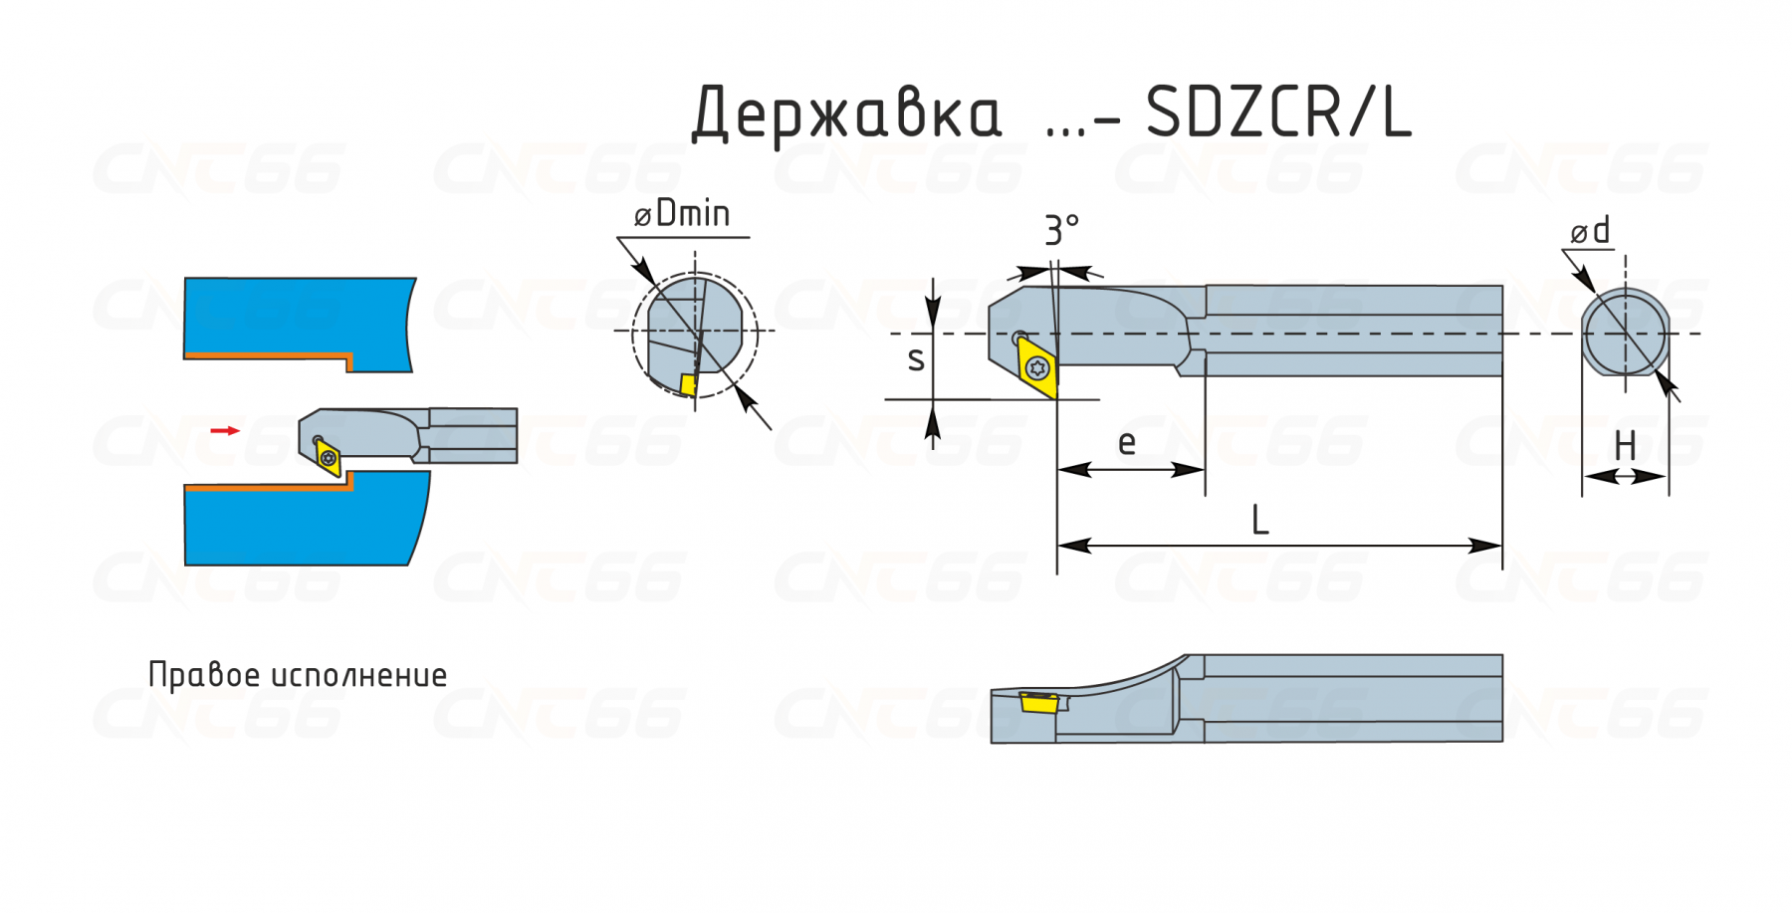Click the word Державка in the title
tap(846, 114)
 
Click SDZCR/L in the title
tap(1278, 112)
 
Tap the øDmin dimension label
tap(682, 213)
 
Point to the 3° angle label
tap(1061, 230)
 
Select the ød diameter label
tap(1590, 231)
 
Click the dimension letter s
tap(916, 358)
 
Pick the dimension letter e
tap(1126, 442)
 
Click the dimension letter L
tap(1259, 520)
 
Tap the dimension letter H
tap(1625, 445)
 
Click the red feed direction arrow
tap(225, 430)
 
